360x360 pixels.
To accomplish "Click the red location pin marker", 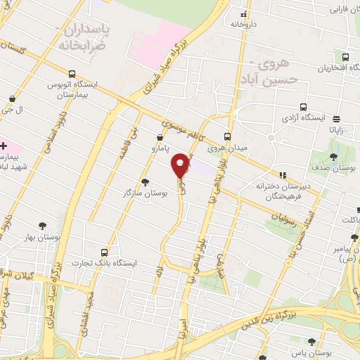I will [181, 165].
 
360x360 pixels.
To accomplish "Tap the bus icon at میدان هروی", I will [226, 136].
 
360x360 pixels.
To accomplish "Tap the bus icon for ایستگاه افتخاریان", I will [345, 58].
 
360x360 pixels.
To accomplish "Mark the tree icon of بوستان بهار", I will [44, 226].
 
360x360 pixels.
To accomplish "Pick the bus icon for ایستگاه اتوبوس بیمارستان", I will [72, 73].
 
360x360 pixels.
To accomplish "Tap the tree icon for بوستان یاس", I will [311, 342].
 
